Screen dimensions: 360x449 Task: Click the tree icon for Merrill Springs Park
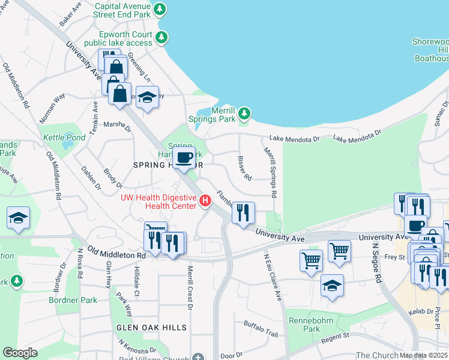tap(244, 113)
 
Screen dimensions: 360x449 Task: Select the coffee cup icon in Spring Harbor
tap(185, 158)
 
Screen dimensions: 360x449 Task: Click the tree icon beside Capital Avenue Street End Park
tap(160, 9)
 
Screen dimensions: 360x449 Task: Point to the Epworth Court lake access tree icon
tap(161, 38)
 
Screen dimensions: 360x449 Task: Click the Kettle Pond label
tap(63, 137)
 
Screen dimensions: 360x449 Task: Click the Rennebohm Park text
tap(319, 325)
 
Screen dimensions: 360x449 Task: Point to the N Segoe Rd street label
tap(377, 262)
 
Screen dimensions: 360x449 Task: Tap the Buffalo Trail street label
tap(261, 328)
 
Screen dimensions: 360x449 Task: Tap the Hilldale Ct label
tap(136, 281)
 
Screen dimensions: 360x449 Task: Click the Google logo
tap(20, 353)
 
